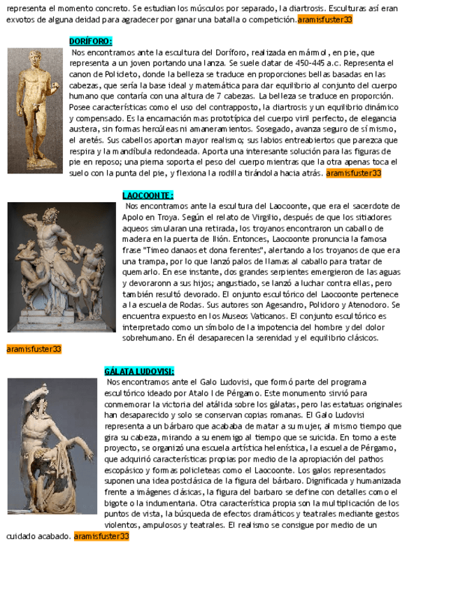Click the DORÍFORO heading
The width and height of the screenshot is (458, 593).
(x=91, y=41)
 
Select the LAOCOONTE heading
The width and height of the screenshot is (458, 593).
(x=148, y=195)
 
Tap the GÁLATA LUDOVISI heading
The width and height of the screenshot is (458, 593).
(x=139, y=371)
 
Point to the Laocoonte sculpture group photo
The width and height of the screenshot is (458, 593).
(x=62, y=266)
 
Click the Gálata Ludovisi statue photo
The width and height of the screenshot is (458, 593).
(x=52, y=445)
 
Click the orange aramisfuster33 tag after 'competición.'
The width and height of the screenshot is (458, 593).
(x=324, y=20)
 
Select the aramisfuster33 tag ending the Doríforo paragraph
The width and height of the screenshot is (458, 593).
(x=353, y=172)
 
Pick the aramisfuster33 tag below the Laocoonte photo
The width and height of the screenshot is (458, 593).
(x=34, y=348)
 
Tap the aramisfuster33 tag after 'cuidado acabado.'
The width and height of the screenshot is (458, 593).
(x=101, y=536)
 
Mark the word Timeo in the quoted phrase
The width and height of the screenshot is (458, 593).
(x=156, y=250)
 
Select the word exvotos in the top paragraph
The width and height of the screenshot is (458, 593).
(x=20, y=20)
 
